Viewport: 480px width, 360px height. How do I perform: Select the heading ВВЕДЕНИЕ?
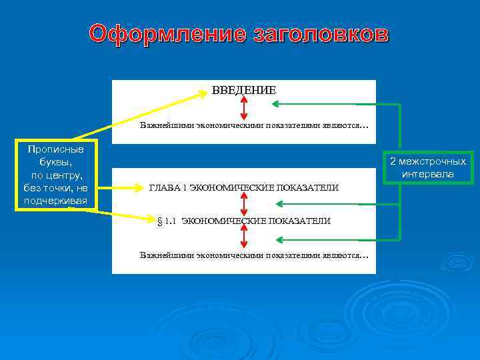coord(243,89)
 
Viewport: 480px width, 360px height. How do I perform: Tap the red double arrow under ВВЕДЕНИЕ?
coord(244,107)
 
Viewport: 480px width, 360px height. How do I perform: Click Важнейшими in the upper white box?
coord(167,125)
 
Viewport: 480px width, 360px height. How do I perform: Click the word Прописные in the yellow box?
coord(56,149)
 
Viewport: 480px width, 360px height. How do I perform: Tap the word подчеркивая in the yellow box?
coord(56,200)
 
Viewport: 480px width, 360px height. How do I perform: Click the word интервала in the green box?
coord(428,174)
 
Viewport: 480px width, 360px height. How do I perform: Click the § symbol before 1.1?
coord(159,221)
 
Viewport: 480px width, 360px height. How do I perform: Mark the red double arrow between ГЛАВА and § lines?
coord(244,204)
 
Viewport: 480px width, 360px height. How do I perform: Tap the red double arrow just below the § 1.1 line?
coord(244,237)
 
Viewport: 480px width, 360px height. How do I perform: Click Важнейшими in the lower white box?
coord(167,255)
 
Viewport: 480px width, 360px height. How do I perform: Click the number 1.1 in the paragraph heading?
coord(169,221)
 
